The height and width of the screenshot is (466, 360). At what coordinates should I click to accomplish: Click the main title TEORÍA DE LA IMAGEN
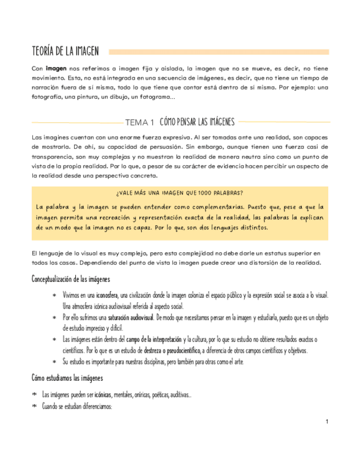(65, 52)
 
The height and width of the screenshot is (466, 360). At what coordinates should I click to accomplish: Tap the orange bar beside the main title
(219, 52)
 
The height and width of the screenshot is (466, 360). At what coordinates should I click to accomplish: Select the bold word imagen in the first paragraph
(56, 69)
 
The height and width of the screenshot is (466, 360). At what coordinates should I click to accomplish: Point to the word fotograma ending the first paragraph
(160, 97)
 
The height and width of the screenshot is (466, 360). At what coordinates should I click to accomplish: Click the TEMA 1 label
(140, 122)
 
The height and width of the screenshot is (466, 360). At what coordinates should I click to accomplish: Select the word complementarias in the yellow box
(211, 207)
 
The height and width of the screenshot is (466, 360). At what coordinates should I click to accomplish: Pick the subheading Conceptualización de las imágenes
(70, 280)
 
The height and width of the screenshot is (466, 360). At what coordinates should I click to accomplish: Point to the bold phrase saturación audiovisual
(131, 318)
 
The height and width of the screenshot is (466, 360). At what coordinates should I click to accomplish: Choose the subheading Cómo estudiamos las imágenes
(67, 379)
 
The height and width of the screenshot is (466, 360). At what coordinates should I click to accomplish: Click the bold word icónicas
(103, 395)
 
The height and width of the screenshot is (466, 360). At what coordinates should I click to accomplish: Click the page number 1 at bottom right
(327, 422)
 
